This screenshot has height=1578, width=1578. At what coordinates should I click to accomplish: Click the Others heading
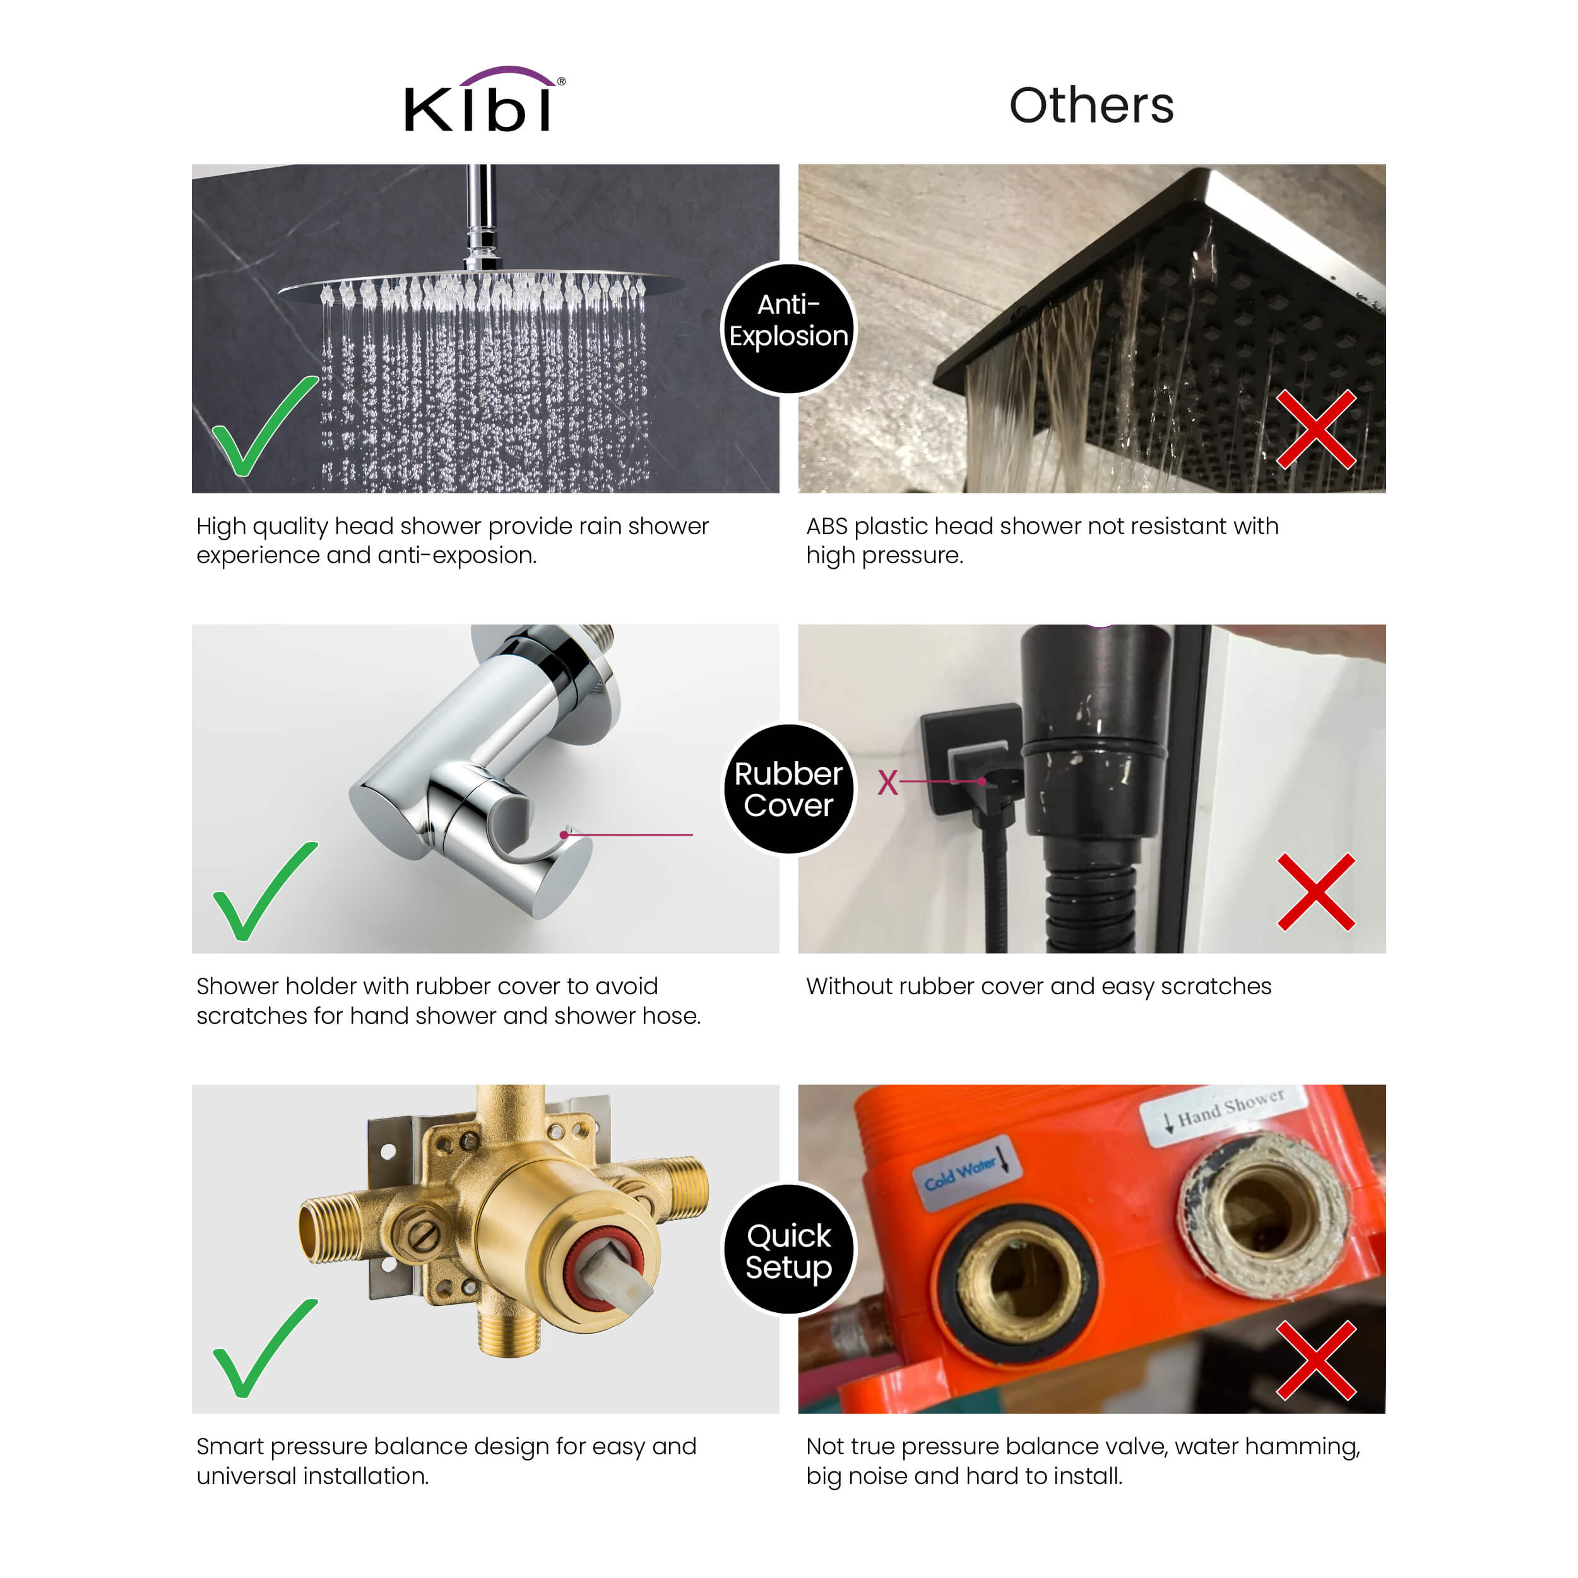(1091, 105)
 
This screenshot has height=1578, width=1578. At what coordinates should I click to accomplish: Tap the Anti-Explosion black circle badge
(788, 328)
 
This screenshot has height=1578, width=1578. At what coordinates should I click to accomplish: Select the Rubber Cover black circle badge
(788, 789)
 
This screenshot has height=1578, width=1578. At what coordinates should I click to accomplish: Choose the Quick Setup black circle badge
(789, 1250)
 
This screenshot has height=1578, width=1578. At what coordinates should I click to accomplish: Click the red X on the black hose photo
(1316, 893)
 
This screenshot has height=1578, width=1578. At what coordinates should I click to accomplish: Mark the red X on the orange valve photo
(1316, 1360)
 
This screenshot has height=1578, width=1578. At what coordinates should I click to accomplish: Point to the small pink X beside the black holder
(888, 783)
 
